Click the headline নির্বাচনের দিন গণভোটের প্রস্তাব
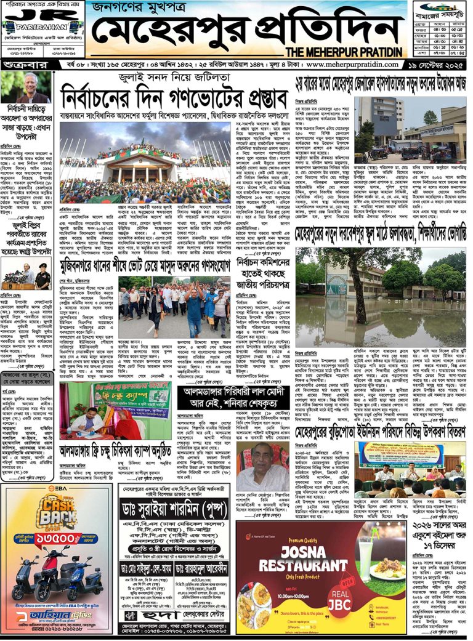click(x=174, y=97)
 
